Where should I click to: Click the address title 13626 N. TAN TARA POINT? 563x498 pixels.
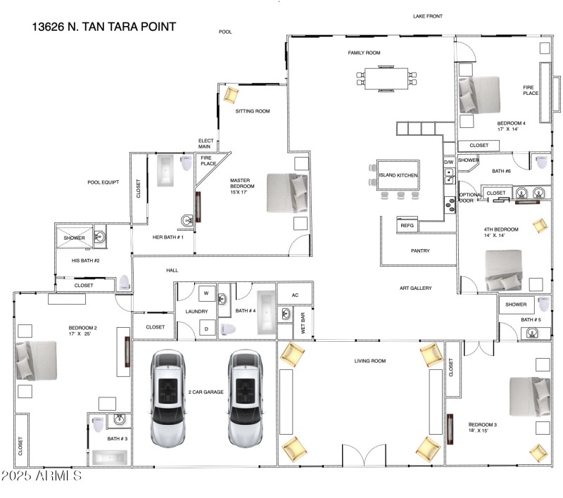click(103, 27)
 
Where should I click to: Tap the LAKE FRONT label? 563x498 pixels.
click(428, 15)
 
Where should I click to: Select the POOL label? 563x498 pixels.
click(225, 32)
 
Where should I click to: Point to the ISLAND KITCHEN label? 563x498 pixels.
click(398, 175)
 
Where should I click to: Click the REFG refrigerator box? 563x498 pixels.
click(407, 225)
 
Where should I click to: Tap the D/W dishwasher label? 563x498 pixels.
click(448, 162)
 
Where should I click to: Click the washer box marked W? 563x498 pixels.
click(207, 293)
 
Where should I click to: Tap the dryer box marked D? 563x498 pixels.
click(207, 328)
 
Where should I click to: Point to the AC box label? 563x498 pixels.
click(295, 295)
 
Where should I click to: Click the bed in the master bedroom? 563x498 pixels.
click(287, 193)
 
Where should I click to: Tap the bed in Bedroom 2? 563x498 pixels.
click(36, 361)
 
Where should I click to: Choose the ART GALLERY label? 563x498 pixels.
click(415, 288)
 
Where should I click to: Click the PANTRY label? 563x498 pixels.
click(420, 251)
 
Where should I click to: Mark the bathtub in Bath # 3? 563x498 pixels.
click(108, 456)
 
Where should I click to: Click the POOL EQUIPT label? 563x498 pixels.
click(103, 182)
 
